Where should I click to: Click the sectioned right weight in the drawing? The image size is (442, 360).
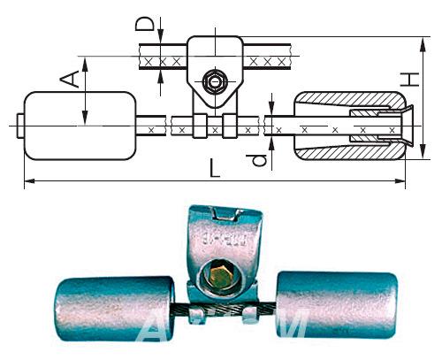pos(346,125)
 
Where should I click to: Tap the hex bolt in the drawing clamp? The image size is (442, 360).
pos(213,82)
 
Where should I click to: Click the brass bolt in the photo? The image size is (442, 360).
pos(219,276)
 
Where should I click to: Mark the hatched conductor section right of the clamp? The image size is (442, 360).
pos(269,60)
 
